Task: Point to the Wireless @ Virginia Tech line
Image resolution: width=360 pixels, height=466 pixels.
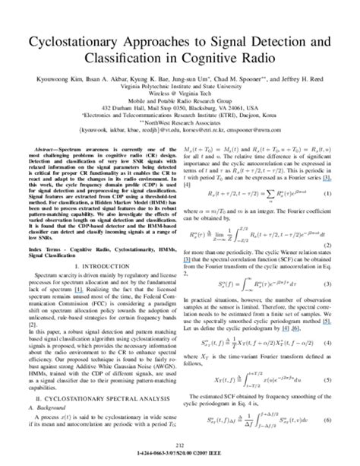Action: click(180, 106)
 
